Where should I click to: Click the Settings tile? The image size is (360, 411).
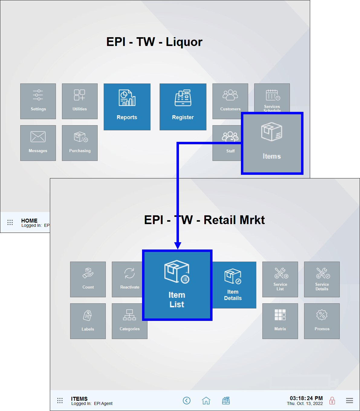point(38,101)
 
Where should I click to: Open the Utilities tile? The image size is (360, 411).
point(80,101)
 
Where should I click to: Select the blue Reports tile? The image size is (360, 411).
point(127,107)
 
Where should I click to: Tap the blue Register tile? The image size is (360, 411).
point(183,107)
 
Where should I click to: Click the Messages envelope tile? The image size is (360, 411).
point(38,143)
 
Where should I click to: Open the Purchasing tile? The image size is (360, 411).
point(80,143)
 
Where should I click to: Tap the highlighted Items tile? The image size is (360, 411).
point(272,143)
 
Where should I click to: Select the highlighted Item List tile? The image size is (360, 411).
point(177,285)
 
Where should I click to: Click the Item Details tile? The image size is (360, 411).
point(233,285)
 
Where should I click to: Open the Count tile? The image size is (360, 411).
point(88,279)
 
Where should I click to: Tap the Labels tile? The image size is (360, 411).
point(88,321)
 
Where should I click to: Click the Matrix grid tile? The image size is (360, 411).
point(280,321)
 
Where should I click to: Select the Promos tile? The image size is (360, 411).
point(322,321)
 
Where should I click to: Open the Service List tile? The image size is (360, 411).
point(280,279)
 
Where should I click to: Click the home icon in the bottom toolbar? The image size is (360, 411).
point(206,401)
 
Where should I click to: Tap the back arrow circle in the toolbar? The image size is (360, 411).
point(187,401)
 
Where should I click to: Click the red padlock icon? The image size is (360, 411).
point(332,401)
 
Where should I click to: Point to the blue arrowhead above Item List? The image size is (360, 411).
point(178,245)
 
